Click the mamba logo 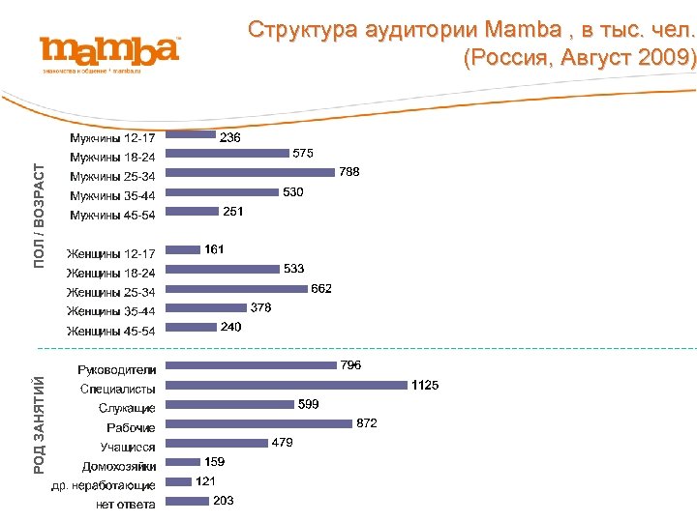[109, 50]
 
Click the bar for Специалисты [286, 385]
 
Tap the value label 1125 [425, 385]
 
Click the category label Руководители [117, 369]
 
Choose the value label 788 [349, 172]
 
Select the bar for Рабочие [258, 423]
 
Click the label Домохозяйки [119, 466]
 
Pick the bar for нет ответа [187, 501]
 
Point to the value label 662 [321, 288]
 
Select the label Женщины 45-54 [110, 332]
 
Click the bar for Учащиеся [216, 443]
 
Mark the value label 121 [205, 481]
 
